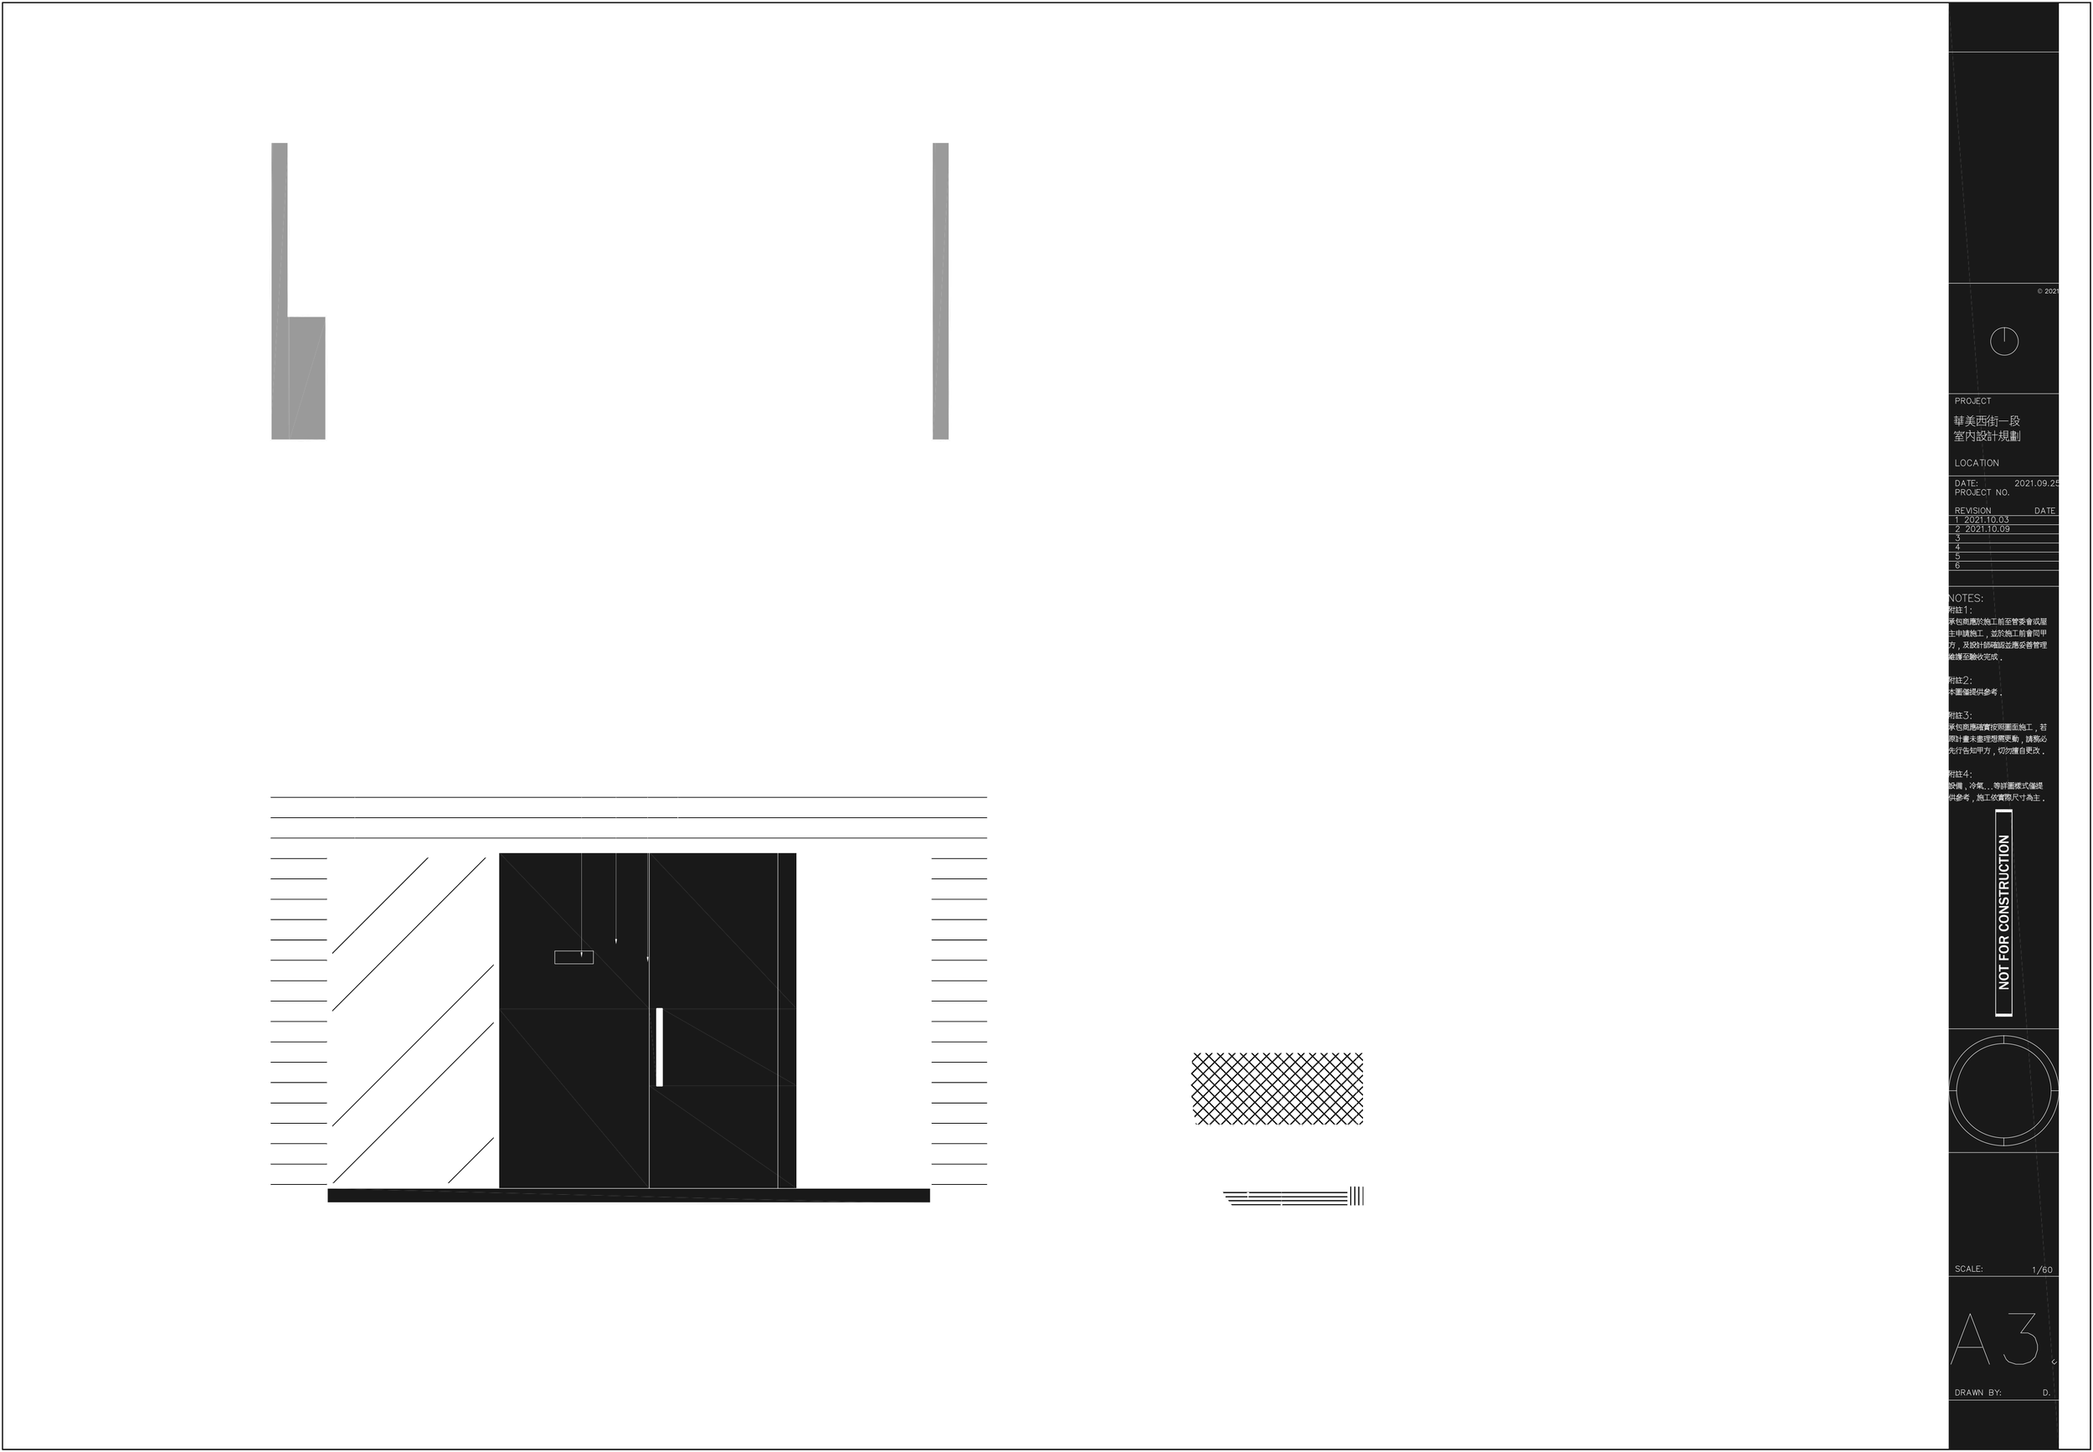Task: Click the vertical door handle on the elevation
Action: [x=660, y=1046]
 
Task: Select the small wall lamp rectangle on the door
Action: [x=573, y=956]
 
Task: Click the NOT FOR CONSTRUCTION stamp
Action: [x=2004, y=913]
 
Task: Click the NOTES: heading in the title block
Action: [x=1965, y=599]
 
